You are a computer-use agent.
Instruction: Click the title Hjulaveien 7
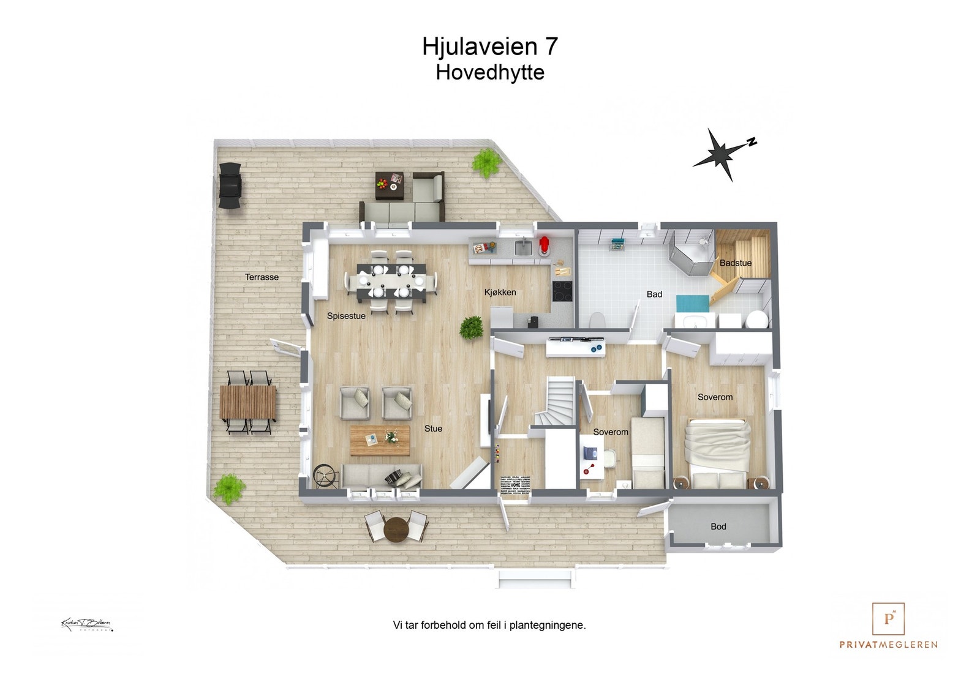pos(489,47)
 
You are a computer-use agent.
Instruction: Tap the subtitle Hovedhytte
pos(489,72)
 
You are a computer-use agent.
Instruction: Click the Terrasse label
pos(262,277)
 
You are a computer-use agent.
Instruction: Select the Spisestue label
pos(346,316)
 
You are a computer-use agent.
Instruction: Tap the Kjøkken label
pos(500,292)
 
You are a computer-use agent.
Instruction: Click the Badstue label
pos(735,263)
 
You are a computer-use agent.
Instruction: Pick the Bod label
pos(718,526)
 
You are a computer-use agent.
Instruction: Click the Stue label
pos(433,429)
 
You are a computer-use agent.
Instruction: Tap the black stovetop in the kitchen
pos(562,291)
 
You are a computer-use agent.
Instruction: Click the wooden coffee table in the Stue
pos(380,440)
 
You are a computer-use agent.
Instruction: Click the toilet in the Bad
pos(597,320)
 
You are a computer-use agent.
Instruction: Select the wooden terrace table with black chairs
pos(248,402)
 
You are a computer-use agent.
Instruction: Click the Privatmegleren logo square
pos(888,619)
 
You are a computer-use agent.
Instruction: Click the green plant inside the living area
pos(472,328)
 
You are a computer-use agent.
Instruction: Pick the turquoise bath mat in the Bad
pos(692,302)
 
